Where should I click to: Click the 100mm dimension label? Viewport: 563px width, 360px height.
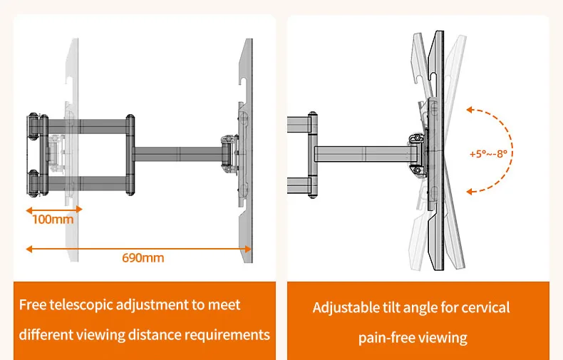coord(53,219)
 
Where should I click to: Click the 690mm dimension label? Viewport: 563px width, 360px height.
coord(143,257)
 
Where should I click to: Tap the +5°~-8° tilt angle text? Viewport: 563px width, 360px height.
coord(488,154)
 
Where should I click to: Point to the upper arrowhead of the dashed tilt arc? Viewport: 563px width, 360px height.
coord(470,110)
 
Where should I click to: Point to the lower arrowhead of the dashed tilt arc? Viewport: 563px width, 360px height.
coord(470,192)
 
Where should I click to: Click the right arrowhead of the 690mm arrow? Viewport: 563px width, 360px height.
coord(248,249)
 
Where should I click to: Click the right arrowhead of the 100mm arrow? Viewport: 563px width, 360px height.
coord(79,210)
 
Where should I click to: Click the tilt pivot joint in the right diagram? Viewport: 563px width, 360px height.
coord(417,155)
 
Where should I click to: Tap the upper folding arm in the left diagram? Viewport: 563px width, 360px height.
coord(87,127)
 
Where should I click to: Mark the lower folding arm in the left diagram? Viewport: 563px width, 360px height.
coord(87,183)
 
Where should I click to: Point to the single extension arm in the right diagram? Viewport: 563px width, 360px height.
coord(363,154)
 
